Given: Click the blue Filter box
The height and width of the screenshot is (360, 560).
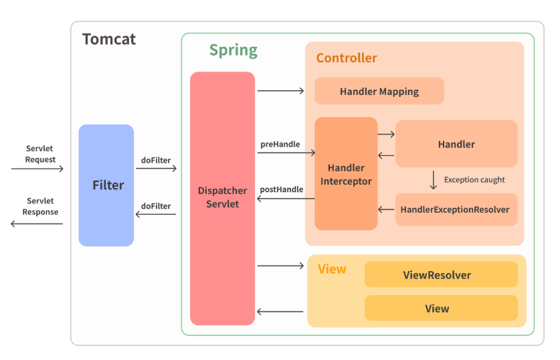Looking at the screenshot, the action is pos(106,185).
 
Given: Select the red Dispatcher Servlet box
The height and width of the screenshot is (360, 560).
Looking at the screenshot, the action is pos(222,199).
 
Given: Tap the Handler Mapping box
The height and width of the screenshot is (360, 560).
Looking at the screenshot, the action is pos(379,91).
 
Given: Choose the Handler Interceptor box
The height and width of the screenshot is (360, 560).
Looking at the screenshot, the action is pos(346,173).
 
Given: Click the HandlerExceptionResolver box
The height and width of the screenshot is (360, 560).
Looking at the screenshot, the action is pos(456,209).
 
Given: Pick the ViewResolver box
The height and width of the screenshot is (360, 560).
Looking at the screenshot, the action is pos(441,274).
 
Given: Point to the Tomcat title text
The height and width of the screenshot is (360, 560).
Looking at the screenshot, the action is pos(109,39).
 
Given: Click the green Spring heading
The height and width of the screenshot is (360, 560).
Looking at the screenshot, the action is pos(234,50).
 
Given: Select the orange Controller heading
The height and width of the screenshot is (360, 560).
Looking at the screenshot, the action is pos(347,58).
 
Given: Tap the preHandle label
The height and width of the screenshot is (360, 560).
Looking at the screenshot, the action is pos(280,145).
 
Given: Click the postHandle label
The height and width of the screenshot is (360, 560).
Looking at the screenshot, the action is pos(282,189).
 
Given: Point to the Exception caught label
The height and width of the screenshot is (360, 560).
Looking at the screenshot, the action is pos(474,179).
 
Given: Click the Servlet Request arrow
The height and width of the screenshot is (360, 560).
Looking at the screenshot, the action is pos(37,169).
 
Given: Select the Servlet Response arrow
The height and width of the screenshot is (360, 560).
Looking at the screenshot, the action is pos(37,224).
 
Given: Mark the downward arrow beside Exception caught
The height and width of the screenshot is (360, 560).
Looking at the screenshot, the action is pos(434,180).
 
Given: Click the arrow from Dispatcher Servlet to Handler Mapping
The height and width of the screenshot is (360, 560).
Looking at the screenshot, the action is pos(281,91).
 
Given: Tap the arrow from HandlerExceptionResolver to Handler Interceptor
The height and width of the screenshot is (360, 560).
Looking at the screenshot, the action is pos(386,209).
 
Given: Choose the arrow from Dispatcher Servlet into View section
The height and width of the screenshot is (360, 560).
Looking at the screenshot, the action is pos(281,266).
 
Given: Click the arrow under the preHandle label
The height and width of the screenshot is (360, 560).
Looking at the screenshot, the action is pos(286,153).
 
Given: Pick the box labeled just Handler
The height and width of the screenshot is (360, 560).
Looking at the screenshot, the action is pos(456,144).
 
